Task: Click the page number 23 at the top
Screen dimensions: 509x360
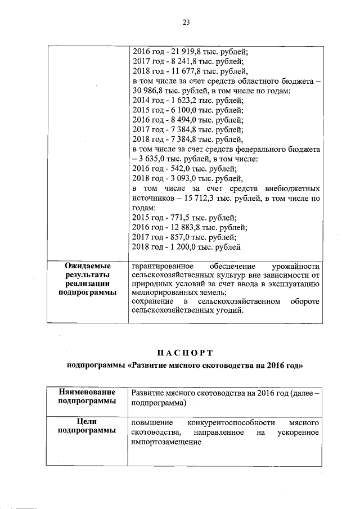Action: (186, 22)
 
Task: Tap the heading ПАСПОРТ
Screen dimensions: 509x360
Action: (185, 353)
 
